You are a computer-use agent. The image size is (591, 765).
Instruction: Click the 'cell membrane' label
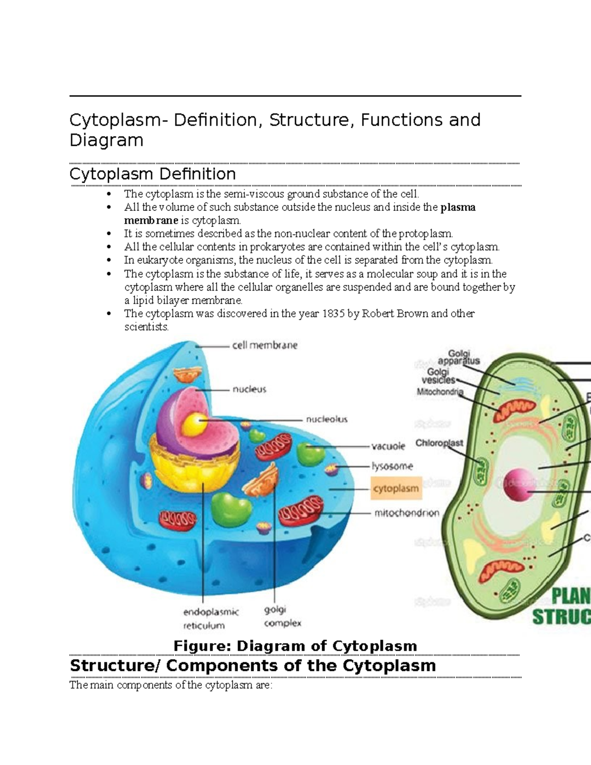(264, 345)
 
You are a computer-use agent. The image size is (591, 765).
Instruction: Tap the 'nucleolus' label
(327, 419)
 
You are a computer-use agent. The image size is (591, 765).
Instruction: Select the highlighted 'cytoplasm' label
(396, 489)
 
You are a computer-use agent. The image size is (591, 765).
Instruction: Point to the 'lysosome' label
(392, 466)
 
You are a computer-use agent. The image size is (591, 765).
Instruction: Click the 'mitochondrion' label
(406, 513)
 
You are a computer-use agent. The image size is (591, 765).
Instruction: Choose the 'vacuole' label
(388, 446)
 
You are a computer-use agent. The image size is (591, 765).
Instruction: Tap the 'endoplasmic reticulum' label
(211, 619)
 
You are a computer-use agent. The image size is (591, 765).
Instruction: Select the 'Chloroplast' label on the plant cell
(439, 443)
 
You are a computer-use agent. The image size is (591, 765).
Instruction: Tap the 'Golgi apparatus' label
(459, 357)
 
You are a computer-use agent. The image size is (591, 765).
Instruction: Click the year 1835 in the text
(333, 313)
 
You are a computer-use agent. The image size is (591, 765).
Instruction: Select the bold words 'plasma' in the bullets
(458, 207)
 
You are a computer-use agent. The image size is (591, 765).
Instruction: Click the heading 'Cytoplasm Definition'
(152, 174)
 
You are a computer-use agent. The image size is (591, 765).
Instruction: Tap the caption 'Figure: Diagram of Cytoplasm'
(295, 645)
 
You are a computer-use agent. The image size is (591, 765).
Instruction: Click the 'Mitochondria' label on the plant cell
(440, 392)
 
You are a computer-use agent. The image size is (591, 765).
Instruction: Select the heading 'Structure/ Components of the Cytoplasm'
(253, 665)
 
